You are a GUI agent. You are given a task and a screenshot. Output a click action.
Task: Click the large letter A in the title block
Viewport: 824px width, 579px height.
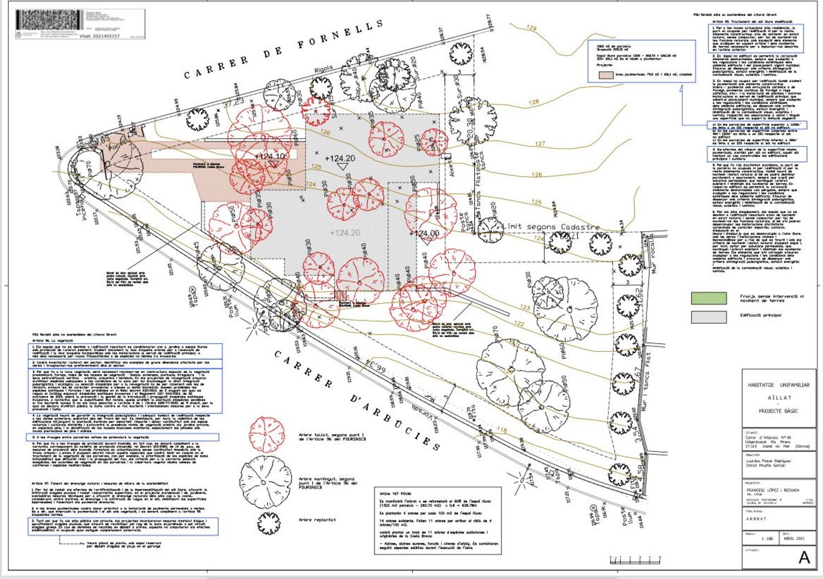[x=804, y=557]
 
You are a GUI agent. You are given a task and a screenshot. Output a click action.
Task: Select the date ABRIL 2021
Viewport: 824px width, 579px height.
[x=792, y=539]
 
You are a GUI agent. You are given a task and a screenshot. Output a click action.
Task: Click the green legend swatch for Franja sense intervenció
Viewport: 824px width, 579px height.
[x=708, y=298]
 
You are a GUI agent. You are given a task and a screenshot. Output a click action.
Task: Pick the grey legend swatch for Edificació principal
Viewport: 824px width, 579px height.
[x=708, y=316]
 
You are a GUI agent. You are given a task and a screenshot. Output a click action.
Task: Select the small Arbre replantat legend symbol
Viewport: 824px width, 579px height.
[x=267, y=519]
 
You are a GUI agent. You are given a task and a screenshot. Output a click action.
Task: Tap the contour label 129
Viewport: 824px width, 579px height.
[x=531, y=27]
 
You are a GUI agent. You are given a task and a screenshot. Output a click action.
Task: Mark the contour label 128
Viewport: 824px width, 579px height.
[x=533, y=102]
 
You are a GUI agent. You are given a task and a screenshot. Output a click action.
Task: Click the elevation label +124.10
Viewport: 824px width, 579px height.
[x=270, y=157]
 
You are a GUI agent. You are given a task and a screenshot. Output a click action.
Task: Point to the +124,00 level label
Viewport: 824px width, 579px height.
[x=424, y=233]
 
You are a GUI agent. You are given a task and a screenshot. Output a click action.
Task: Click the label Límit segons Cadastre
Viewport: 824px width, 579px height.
[x=552, y=226]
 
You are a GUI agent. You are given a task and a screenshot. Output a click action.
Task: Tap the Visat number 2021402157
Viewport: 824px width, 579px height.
[x=99, y=36]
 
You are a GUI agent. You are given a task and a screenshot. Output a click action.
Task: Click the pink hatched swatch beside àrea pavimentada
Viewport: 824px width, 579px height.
[x=606, y=74]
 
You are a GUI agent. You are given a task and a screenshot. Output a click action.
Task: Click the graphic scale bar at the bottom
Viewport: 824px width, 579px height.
[x=634, y=560]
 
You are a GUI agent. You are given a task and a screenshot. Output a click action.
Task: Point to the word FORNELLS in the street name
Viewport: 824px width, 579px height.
[x=341, y=35]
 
